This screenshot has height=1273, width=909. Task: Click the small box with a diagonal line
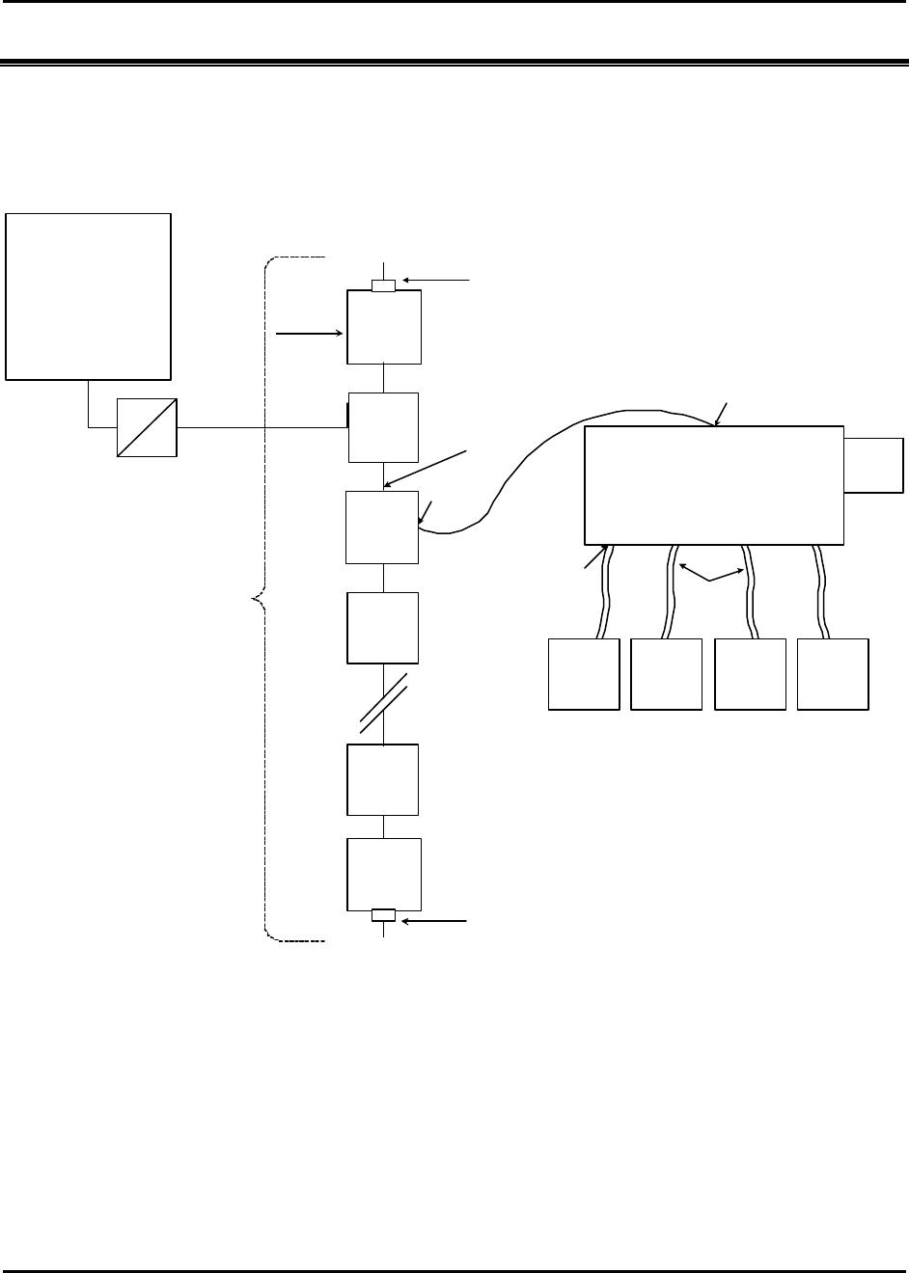point(147,426)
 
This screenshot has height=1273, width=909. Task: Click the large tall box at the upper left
point(89,296)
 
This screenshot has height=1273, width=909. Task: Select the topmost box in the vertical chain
point(384,327)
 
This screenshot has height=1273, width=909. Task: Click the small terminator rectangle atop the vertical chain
point(384,285)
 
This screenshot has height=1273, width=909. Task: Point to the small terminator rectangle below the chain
point(384,915)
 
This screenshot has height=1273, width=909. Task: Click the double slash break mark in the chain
point(384,704)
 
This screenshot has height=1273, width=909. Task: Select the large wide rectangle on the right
point(714,485)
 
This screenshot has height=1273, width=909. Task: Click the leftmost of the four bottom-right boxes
point(584,674)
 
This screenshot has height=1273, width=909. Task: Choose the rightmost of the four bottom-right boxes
point(834,674)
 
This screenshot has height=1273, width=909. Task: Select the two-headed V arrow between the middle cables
point(711,577)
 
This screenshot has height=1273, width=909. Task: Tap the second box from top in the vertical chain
point(384,427)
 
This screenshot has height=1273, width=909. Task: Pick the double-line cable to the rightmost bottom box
point(823,590)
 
